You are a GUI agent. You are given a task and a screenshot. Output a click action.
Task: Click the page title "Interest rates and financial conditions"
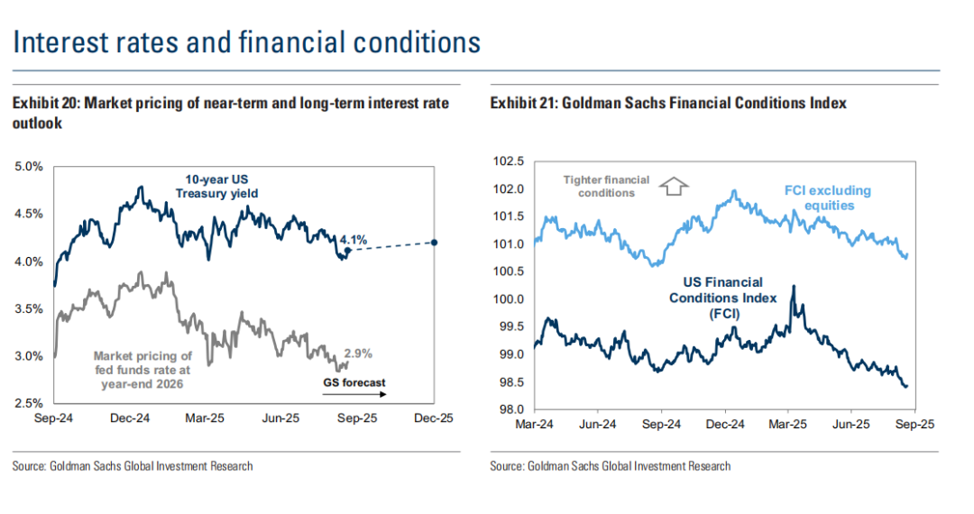pos(246,42)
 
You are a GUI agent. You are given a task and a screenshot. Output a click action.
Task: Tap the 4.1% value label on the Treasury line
pos(353,240)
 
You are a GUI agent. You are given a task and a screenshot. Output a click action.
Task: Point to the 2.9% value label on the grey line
pos(357,353)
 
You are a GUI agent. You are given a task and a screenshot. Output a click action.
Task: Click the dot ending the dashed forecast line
pos(436,243)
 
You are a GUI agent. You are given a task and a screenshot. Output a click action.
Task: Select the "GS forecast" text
pos(354,382)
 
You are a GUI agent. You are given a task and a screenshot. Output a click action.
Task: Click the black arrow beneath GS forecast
pos(354,394)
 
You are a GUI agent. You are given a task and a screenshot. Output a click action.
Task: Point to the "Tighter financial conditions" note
pos(606,186)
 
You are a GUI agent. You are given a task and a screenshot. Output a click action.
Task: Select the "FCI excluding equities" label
pos(827,197)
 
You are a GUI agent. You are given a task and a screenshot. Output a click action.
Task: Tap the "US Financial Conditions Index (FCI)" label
pos(716,298)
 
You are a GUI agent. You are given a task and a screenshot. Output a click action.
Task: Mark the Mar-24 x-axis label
pos(534,424)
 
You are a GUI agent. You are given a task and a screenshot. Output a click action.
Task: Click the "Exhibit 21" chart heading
pos(668,104)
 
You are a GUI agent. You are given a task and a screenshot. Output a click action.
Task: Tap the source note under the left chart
pos(133,466)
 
